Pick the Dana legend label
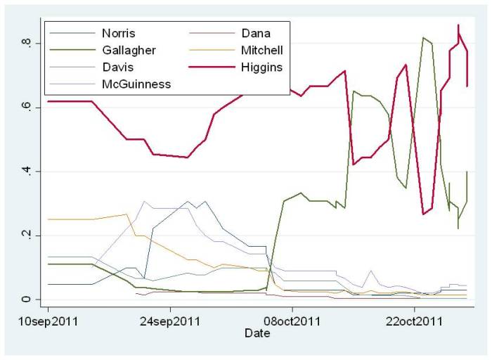tap(257, 33)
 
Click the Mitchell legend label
tap(262, 50)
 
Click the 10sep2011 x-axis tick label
tap(48, 321)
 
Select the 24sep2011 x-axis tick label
tap(170, 321)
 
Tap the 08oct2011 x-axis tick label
tap(292, 321)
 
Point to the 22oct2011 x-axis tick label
tap(414, 321)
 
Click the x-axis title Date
tap(257, 333)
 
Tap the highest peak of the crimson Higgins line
tap(458, 25)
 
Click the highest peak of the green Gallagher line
tap(423, 37)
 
